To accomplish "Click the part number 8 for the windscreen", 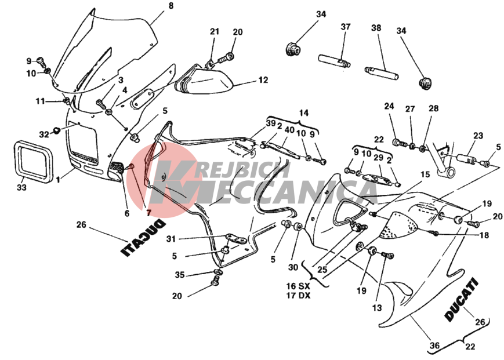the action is (171, 6).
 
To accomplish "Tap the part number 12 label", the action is (263, 79).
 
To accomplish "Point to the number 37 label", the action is (346, 27).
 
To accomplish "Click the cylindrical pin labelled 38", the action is (382, 73).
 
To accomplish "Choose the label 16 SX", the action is (298, 286).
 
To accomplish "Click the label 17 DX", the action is (298, 295).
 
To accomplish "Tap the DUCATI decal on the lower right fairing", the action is (462, 299).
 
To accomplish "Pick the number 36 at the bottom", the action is (434, 346).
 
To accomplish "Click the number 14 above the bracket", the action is (303, 112).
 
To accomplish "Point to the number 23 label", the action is (478, 136).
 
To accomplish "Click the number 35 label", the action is (180, 275).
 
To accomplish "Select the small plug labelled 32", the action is (56, 130).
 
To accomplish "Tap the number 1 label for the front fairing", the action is (58, 180).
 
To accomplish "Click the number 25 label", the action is (322, 269).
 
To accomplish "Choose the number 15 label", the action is (425, 174).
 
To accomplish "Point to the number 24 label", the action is (389, 106).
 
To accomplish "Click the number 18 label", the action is (484, 235).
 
